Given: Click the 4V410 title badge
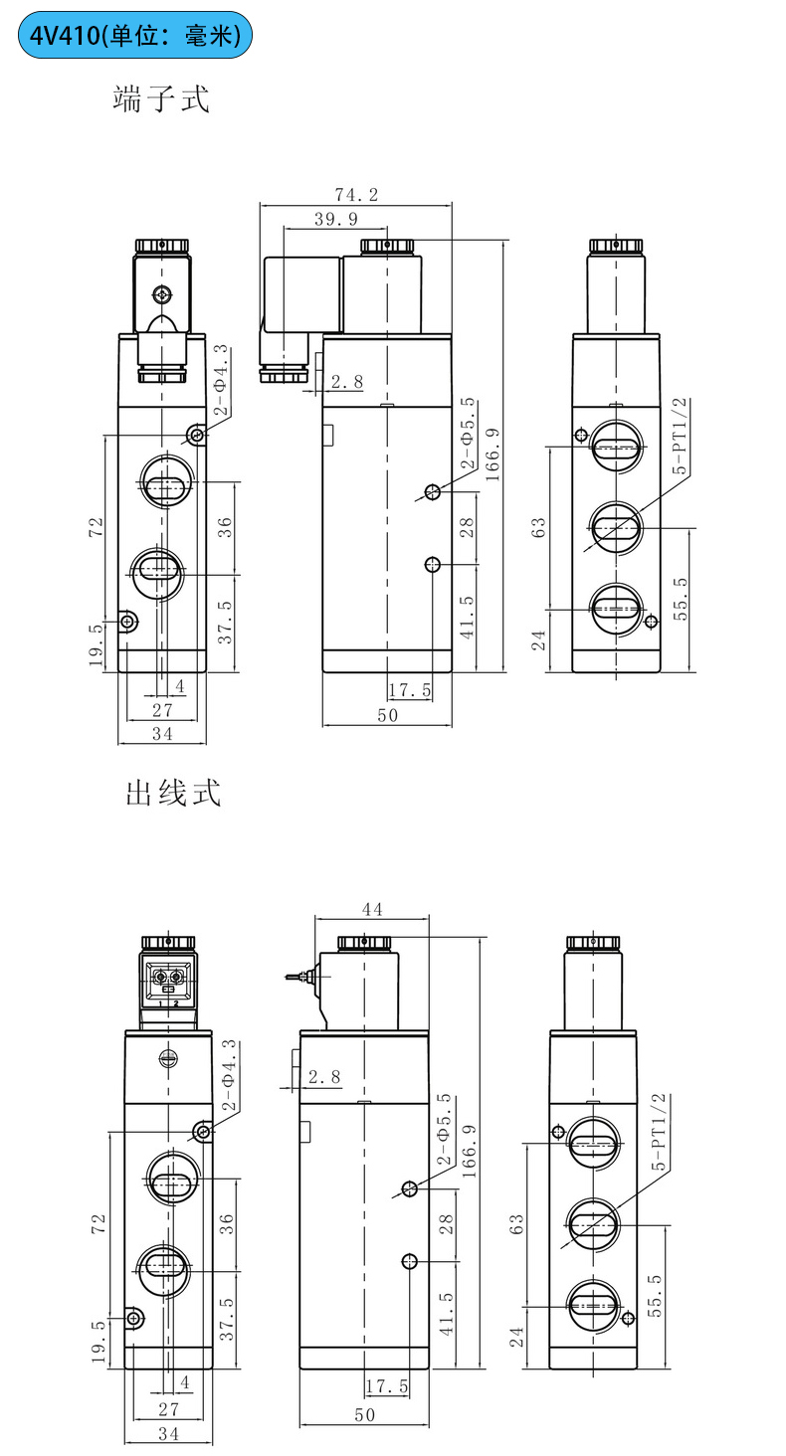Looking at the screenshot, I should click(x=135, y=36).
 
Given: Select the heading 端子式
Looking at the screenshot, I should click(x=161, y=100).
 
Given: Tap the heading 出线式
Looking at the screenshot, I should click(x=172, y=793).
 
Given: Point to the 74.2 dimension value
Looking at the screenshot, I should click(x=355, y=195).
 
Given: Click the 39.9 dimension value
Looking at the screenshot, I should click(x=336, y=219).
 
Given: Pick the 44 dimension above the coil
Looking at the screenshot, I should click(x=372, y=909).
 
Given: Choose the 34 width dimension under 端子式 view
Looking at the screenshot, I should click(x=162, y=734).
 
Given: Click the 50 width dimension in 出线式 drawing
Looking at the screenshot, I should click(x=365, y=1415).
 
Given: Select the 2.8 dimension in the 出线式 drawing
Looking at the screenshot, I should click(x=324, y=1076).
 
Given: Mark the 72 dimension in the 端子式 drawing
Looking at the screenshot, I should click(x=97, y=527).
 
